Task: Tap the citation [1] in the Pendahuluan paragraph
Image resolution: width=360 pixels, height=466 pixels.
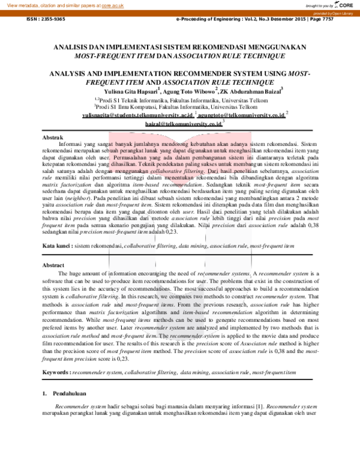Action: pos(244,407)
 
